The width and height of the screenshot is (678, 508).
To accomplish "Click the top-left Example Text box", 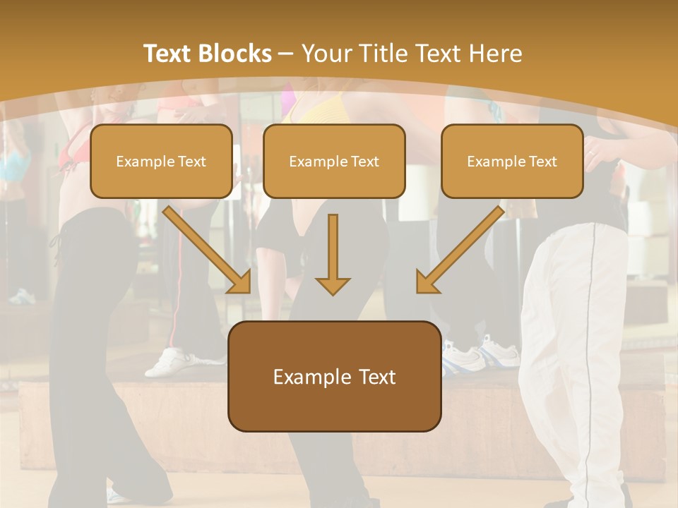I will point(161,161).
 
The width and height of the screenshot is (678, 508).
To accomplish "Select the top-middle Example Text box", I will point(334,161).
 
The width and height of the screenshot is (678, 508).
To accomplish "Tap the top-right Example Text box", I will point(512,161).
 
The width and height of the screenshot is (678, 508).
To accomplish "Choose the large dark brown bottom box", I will point(334,376).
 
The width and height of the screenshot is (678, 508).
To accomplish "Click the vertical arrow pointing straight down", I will point(333,254).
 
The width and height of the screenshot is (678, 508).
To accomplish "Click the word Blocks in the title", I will point(235,54).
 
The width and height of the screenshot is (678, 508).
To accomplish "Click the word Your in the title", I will point(324,54).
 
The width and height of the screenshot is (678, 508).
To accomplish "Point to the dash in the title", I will point(286,54).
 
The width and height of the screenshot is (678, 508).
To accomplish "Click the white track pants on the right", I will point(576,353).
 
